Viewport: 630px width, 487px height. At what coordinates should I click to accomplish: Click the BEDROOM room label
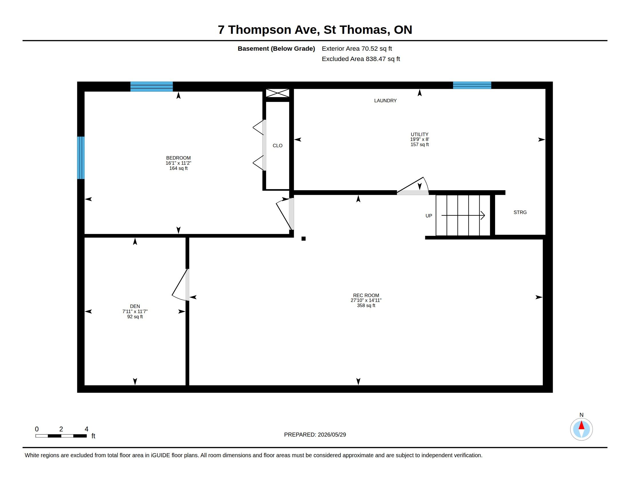[178, 158]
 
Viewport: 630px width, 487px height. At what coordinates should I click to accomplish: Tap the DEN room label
[135, 306]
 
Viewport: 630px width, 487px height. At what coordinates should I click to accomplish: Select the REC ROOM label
[366, 295]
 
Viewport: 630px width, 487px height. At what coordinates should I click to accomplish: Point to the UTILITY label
[420, 134]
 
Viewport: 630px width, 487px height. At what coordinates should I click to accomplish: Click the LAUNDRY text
[385, 100]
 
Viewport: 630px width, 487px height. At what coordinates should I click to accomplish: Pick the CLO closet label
[277, 146]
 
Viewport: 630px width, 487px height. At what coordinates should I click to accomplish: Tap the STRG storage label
[520, 212]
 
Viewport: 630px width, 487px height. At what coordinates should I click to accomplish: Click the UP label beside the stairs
[429, 215]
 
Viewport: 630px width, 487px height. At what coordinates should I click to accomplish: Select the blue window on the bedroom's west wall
[81, 158]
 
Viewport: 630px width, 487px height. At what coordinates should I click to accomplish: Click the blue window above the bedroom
[151, 87]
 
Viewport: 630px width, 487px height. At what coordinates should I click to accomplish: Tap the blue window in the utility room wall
[472, 85]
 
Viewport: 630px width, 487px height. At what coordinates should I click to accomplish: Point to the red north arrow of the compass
[582, 425]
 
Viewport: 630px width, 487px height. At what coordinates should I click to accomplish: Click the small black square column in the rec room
[304, 239]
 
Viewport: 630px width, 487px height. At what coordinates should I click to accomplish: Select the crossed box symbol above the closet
[277, 93]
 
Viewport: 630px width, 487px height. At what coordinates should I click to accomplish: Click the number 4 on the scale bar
[86, 429]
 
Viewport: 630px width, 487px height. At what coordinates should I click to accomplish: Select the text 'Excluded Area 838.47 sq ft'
[361, 59]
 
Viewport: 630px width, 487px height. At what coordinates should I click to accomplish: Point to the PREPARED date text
[315, 435]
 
